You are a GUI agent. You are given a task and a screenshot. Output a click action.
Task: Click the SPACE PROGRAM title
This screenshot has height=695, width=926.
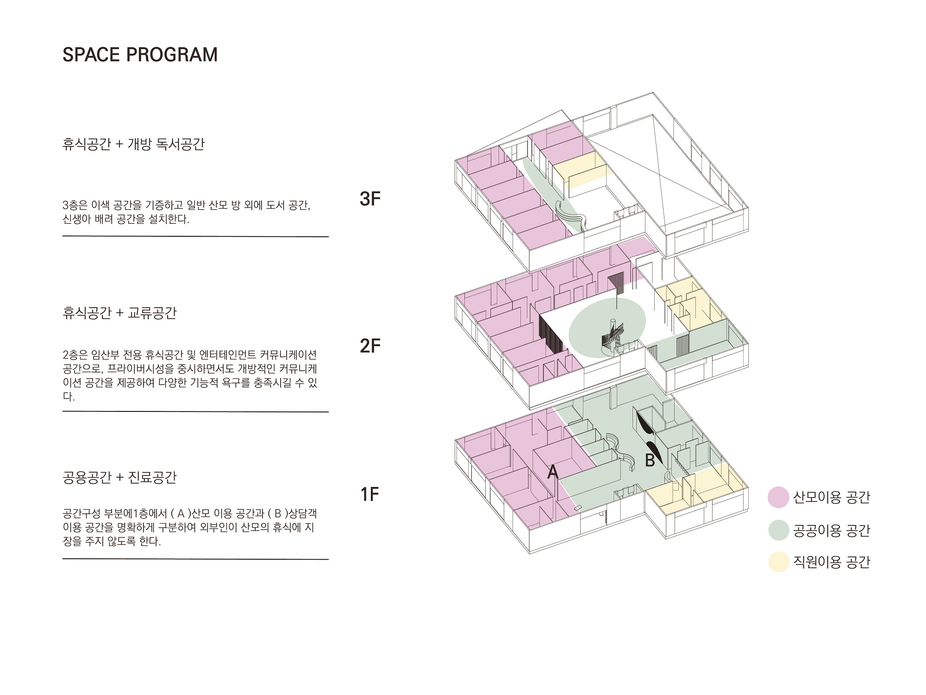click(x=140, y=55)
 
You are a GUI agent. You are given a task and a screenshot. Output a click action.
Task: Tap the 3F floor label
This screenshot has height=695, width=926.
click(x=370, y=198)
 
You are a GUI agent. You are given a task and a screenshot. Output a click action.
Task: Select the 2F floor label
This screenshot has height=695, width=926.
click(x=370, y=346)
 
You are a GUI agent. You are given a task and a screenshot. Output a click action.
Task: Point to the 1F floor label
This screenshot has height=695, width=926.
click(x=370, y=494)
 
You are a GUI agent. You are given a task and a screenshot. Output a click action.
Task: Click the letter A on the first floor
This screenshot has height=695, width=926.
click(x=553, y=472)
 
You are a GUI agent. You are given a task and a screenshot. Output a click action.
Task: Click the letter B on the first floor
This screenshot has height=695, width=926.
click(x=651, y=460)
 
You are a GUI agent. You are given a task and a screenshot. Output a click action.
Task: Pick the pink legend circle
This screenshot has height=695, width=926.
click(x=778, y=497)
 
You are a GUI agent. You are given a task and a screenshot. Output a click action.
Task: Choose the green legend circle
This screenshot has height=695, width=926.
click(x=778, y=530)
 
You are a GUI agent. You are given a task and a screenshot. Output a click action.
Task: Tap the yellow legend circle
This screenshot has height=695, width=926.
click(x=778, y=562)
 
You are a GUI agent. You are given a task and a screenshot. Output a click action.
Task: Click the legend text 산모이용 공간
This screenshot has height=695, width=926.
click(x=832, y=497)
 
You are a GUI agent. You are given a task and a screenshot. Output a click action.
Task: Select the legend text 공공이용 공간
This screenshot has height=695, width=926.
click(x=832, y=530)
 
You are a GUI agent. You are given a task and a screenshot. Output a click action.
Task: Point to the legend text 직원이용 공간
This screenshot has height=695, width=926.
click(x=832, y=562)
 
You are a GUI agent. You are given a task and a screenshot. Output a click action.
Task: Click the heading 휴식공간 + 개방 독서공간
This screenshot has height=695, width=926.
click(x=133, y=144)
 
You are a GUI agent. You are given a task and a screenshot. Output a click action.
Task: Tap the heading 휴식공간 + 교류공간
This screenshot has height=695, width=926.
click(x=119, y=313)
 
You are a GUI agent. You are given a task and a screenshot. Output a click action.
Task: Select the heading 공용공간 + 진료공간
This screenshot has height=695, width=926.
click(x=119, y=477)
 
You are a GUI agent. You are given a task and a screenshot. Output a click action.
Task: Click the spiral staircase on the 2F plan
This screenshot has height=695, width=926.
click(x=613, y=336)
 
